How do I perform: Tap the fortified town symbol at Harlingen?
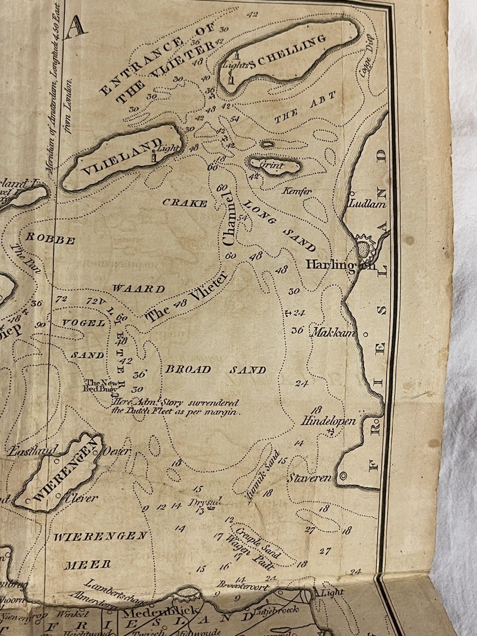coord(365,248)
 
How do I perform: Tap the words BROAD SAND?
coord(215,369)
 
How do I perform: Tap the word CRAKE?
coord(184,202)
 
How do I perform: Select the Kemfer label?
coord(298,191)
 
